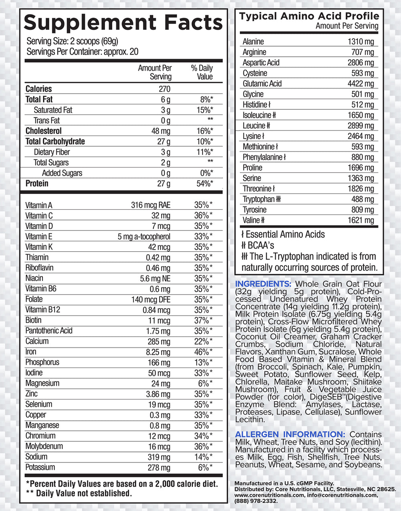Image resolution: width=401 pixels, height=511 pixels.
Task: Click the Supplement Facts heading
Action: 123,23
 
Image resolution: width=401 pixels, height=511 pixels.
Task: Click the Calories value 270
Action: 164,89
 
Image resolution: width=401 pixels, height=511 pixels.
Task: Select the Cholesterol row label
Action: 43,131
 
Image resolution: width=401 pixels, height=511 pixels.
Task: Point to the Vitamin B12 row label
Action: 43,310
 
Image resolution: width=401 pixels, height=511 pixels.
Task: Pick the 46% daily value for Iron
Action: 203,352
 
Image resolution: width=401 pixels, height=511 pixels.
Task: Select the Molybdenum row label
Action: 44,446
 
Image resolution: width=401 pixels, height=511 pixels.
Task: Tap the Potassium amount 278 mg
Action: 159,468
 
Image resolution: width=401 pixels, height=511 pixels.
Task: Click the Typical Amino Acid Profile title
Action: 309,16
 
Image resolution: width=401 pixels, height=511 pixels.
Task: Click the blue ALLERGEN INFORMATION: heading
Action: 290,434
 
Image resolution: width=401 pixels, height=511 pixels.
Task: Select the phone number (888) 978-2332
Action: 256,501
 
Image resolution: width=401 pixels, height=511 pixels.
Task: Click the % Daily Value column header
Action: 202,72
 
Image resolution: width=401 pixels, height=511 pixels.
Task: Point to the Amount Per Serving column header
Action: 155,72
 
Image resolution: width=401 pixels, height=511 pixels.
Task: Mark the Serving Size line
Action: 72,41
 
